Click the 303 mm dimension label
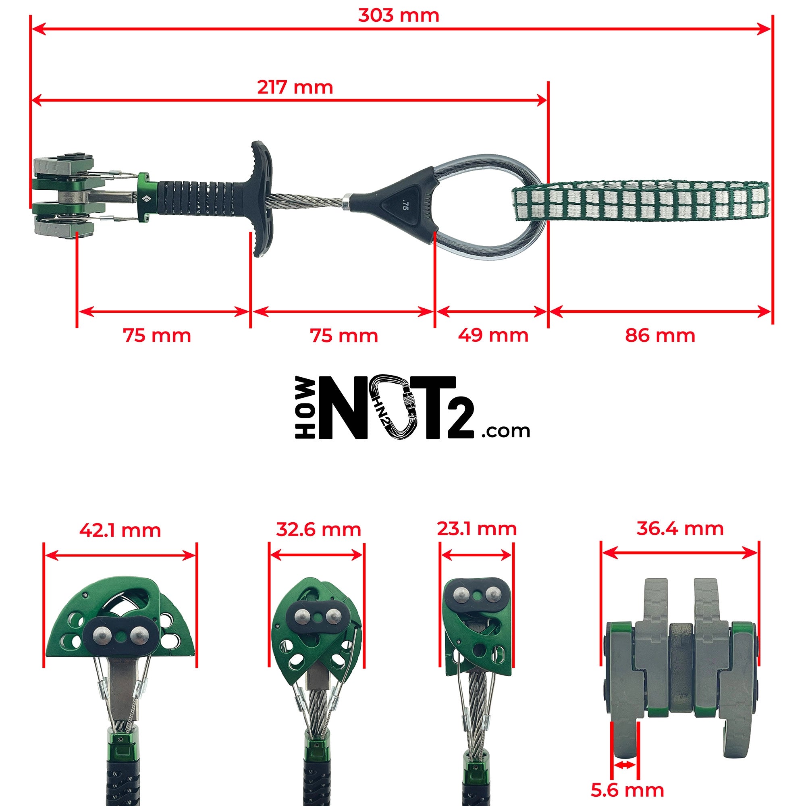point(399,16)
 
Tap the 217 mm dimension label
point(295,87)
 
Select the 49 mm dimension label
point(493,335)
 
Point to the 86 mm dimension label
point(660,335)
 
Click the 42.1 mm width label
point(120,530)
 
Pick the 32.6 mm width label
point(318,530)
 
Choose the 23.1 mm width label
point(477,529)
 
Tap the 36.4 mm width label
point(680,528)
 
